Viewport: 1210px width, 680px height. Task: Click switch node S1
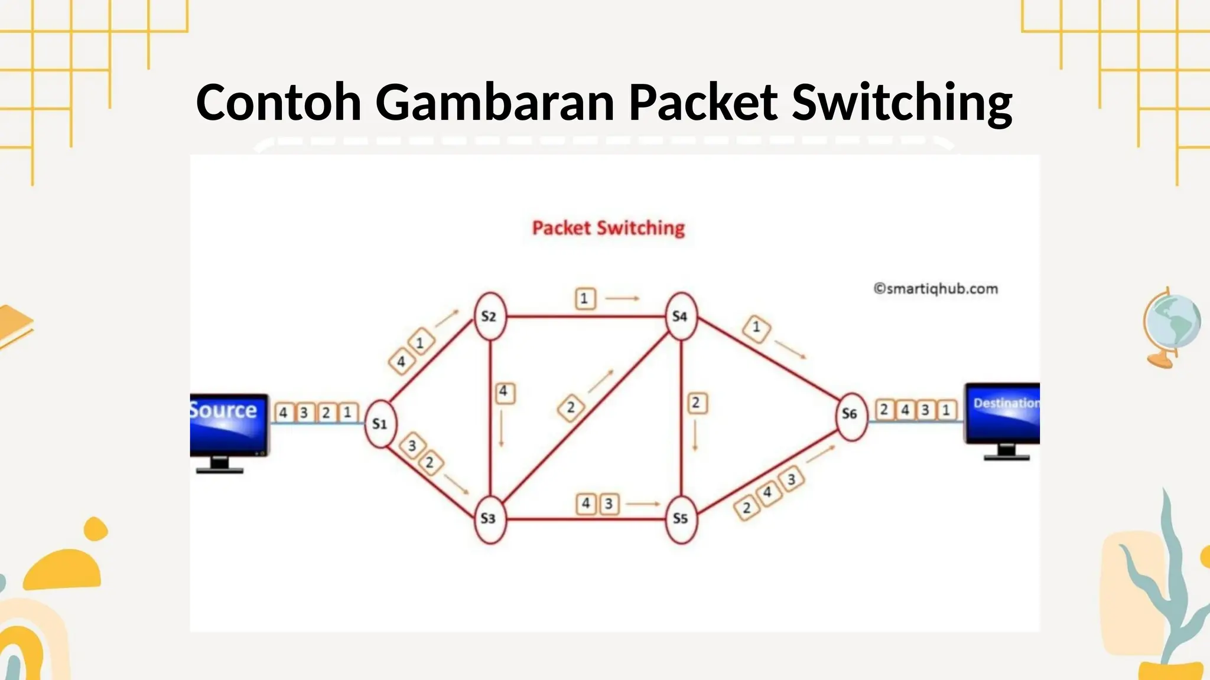click(x=380, y=423)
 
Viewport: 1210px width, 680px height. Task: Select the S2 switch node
click(x=490, y=316)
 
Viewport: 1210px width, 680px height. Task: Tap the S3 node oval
click(x=490, y=518)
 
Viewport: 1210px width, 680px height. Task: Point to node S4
click(x=681, y=316)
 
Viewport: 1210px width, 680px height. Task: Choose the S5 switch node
click(x=681, y=518)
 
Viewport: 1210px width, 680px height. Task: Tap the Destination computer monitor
click(x=1002, y=421)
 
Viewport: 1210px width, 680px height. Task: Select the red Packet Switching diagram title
click(x=609, y=228)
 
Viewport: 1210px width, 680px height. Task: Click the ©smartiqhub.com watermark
click(x=936, y=289)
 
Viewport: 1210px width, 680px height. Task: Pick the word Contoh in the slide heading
click(x=278, y=102)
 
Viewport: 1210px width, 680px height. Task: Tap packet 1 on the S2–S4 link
click(x=585, y=298)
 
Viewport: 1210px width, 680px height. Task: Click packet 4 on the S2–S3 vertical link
click(x=504, y=392)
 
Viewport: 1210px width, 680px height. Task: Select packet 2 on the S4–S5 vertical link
click(x=697, y=403)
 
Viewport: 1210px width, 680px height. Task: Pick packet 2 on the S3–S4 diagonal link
click(x=571, y=407)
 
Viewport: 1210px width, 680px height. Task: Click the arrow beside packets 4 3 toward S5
click(x=643, y=504)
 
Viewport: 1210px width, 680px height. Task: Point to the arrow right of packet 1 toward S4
click(x=622, y=298)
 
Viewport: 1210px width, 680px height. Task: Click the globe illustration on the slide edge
click(x=1171, y=328)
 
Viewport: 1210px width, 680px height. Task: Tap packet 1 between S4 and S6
click(x=756, y=328)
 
